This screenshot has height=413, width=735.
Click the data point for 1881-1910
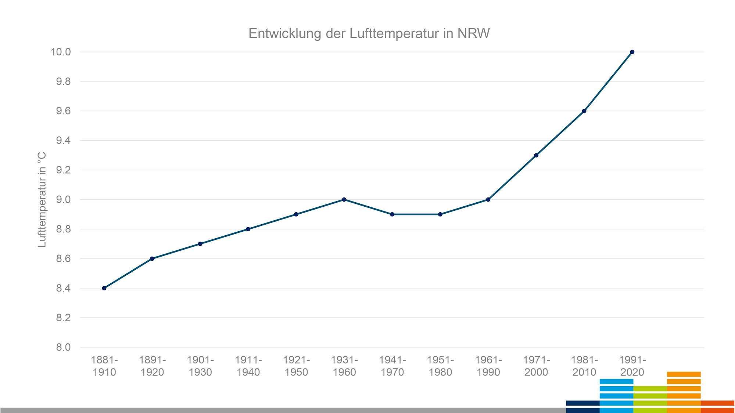tap(104, 288)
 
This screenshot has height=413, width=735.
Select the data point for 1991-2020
tap(632, 52)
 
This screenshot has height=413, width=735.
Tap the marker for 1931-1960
tap(344, 200)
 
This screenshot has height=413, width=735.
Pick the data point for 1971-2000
tap(536, 155)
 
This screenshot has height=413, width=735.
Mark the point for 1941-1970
tap(392, 214)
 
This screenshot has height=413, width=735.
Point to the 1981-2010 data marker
tap(584, 111)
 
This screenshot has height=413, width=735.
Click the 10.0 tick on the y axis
tap(61, 52)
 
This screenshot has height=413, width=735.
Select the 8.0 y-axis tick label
tap(63, 347)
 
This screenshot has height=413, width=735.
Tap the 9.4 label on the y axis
tap(63, 141)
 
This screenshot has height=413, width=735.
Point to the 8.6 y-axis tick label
tap(63, 259)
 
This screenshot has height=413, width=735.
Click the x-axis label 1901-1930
tap(200, 366)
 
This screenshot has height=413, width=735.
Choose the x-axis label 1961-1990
tap(488, 366)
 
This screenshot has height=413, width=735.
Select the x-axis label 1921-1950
tap(297, 366)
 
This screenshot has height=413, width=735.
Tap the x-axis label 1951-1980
tap(440, 366)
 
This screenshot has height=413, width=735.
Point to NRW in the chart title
tap(473, 33)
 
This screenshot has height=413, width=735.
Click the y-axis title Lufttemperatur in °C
tap(42, 199)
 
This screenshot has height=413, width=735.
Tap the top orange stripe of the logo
tap(684, 374)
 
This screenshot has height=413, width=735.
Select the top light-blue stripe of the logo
tap(616, 381)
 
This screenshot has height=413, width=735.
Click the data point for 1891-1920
tap(152, 259)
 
